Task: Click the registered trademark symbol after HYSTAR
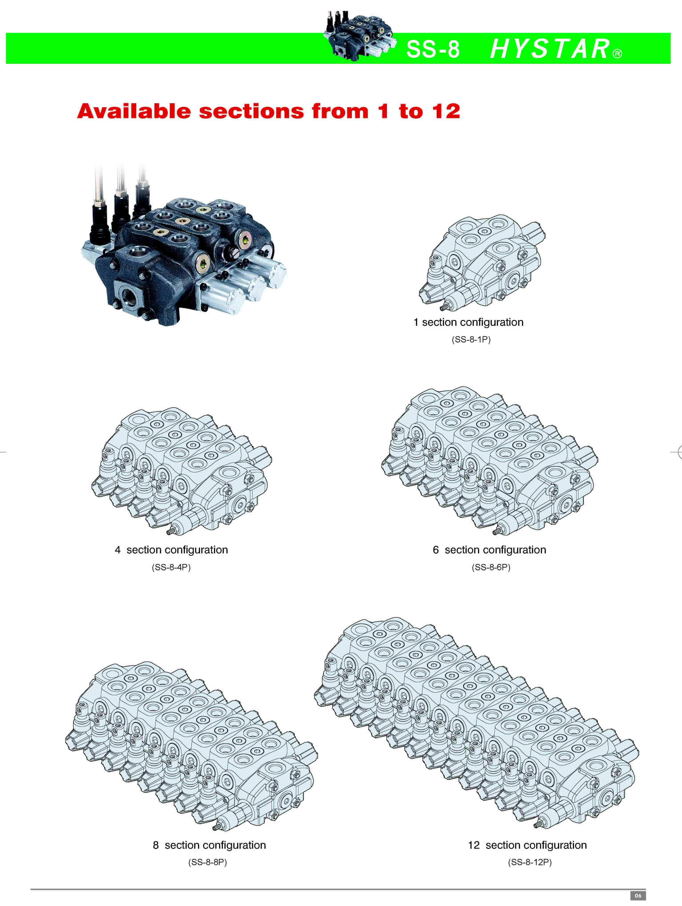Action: [617, 54]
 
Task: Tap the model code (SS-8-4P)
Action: [171, 567]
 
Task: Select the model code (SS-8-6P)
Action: [491, 567]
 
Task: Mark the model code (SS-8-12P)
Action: [530, 862]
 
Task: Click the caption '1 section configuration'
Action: [468, 322]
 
